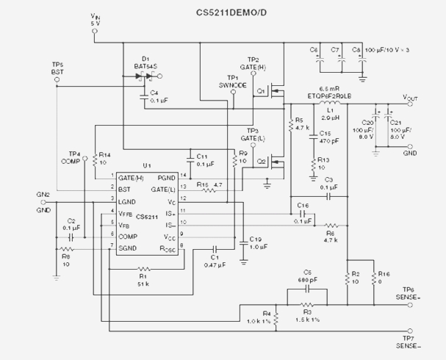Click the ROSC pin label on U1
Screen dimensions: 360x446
(x=166, y=248)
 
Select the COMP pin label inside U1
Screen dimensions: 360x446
(x=129, y=237)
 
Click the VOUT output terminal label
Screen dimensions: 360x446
(x=413, y=97)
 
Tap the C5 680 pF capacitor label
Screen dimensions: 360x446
(x=307, y=276)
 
